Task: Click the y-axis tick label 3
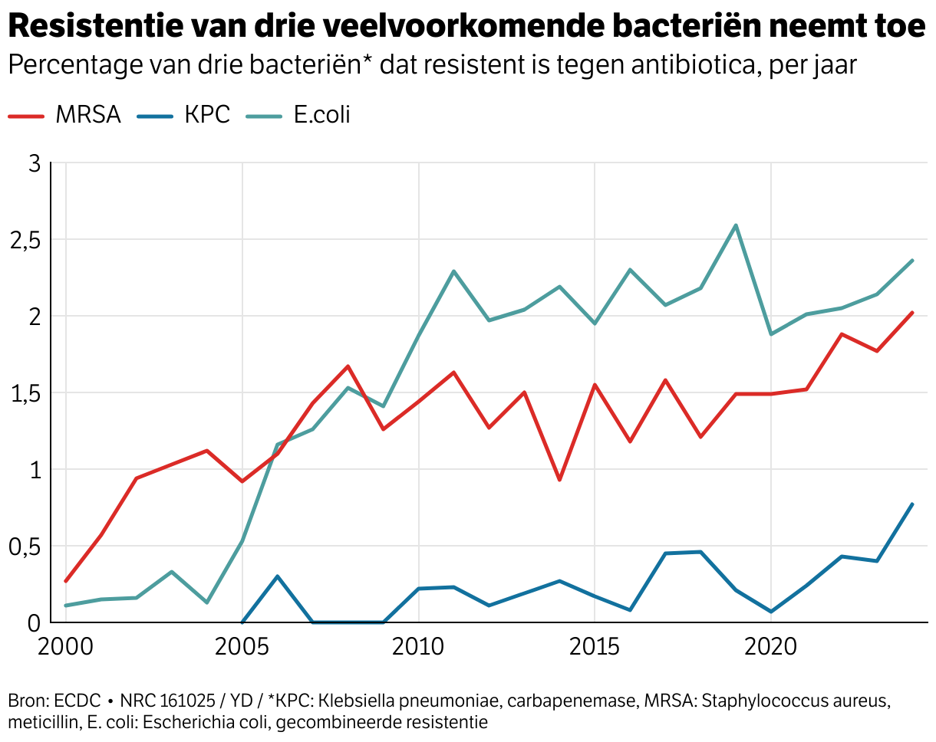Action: (x=33, y=163)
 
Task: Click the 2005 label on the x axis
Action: (x=242, y=646)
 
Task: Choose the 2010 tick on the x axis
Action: (x=419, y=646)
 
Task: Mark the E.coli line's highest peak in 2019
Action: (x=736, y=225)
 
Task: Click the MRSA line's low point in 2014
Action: (x=560, y=480)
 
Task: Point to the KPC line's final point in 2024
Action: (x=912, y=504)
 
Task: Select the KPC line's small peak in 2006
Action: (x=278, y=576)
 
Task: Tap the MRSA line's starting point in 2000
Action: (x=66, y=581)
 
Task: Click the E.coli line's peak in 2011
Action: (x=454, y=271)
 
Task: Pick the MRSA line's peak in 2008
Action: (x=348, y=366)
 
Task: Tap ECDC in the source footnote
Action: (x=79, y=701)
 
